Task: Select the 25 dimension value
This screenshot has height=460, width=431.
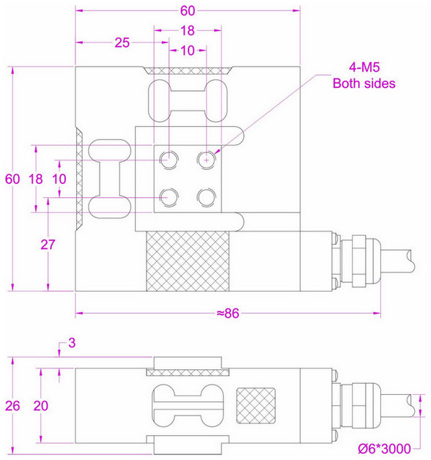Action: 122,42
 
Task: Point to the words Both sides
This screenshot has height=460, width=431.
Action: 364,84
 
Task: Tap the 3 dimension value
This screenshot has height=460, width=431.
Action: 72,342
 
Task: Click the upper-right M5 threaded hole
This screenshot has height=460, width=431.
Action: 207,157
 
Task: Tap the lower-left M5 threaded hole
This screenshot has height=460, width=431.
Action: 170,196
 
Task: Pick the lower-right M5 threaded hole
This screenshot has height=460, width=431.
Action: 207,196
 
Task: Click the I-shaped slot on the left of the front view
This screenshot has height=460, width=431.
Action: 109,179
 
